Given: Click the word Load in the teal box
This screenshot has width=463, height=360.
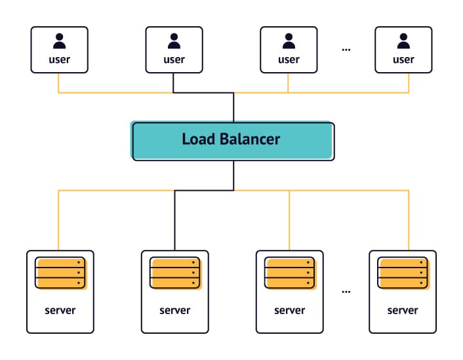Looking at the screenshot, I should coord(197,139).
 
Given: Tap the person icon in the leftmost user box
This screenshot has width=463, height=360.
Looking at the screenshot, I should coord(60,42).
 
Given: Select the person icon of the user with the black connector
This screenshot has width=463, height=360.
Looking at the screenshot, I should coord(174,42).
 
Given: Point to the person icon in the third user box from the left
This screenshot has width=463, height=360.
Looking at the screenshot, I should coord(289,42).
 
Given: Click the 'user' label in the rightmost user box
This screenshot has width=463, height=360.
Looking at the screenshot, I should coord(403,60).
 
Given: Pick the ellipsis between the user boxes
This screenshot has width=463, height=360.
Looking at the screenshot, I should coord(346,50).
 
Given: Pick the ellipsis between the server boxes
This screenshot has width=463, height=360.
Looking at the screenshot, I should coord(346,291).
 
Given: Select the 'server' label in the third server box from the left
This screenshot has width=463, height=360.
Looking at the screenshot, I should coord(289,310).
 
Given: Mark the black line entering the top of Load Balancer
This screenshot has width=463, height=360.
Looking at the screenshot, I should coord(233,108).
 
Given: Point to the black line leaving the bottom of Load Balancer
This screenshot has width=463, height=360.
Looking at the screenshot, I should coord(233,175).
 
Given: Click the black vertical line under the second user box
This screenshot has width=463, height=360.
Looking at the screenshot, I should coord(174,83).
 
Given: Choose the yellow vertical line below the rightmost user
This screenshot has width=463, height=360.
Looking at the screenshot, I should coord(409,83).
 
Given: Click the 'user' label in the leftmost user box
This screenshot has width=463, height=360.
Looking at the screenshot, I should coord(60,60).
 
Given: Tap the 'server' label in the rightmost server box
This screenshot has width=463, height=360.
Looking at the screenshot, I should coord(403,310).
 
